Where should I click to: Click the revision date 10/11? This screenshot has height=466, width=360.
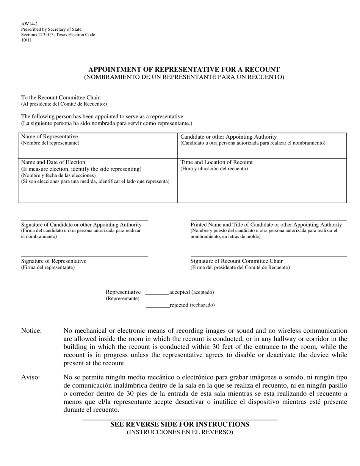(x=27, y=40)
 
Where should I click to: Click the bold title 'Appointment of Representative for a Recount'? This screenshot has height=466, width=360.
(x=184, y=69)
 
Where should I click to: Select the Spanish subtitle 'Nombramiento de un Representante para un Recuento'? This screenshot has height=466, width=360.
(x=184, y=77)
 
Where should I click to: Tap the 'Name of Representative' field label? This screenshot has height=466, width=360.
(x=50, y=136)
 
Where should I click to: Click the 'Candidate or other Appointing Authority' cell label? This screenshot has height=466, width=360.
(x=229, y=137)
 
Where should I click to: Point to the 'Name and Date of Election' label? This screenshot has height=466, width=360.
(x=53, y=162)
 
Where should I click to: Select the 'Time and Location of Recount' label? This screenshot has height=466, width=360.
(x=216, y=162)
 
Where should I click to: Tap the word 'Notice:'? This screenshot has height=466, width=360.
(x=31, y=331)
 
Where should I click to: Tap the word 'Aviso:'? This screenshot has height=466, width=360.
(x=30, y=377)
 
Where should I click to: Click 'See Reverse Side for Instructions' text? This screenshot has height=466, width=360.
(x=180, y=424)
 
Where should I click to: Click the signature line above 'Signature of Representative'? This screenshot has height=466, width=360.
(x=85, y=256)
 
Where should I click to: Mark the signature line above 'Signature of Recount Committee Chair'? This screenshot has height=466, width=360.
(x=268, y=256)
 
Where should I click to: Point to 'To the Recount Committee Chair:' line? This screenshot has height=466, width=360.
(x=61, y=97)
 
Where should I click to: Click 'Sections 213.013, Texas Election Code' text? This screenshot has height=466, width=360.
(x=58, y=35)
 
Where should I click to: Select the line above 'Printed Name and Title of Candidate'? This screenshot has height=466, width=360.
(x=268, y=220)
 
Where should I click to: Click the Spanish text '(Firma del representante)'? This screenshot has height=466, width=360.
(x=48, y=267)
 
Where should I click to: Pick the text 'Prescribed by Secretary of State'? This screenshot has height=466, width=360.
(x=51, y=29)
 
